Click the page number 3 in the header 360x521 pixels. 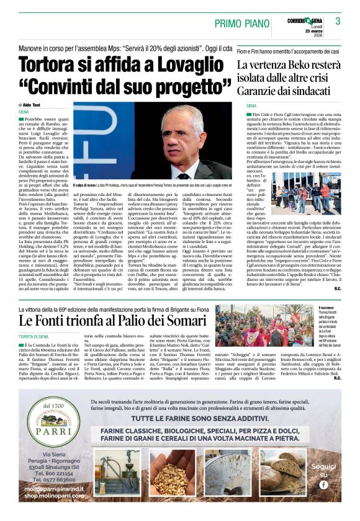click(338, 21)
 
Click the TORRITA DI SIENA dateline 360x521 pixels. click(36, 336)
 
